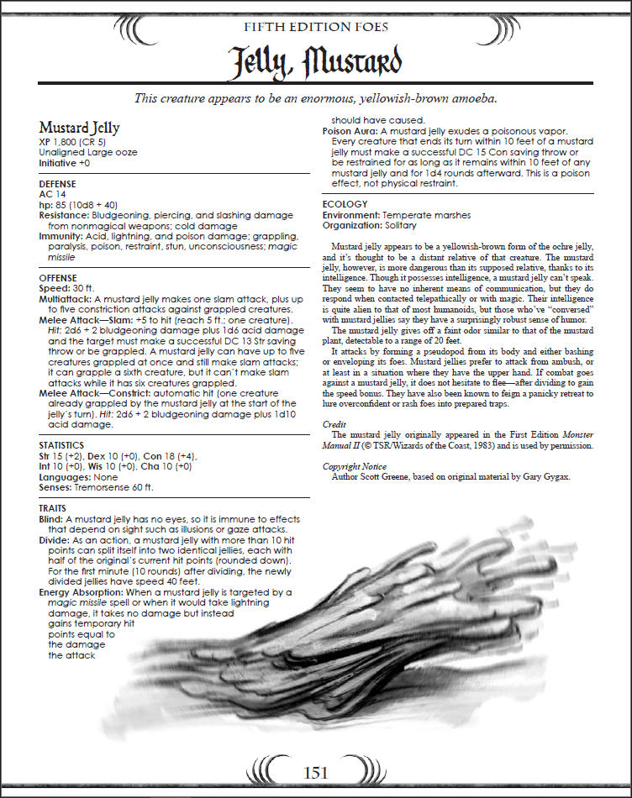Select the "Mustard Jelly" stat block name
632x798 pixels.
tap(79, 128)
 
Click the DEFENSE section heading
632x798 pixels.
tap(57, 183)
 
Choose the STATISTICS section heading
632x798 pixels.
tap(61, 444)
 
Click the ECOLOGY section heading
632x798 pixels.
tap(345, 204)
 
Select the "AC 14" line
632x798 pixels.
tap(52, 193)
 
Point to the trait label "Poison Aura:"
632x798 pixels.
tap(350, 130)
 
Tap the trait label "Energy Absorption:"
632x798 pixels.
tap(82, 592)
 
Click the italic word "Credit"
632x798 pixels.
tap(334, 425)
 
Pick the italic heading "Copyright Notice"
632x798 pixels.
tap(355, 466)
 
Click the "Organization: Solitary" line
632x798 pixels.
tap(370, 225)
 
